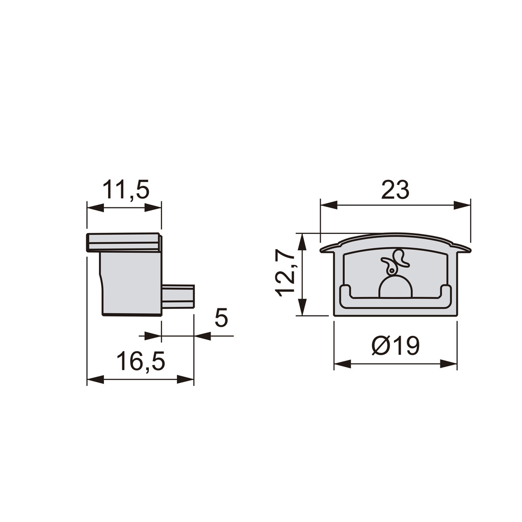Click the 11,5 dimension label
(x=126, y=190)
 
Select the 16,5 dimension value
(x=141, y=361)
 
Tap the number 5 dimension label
(x=221, y=318)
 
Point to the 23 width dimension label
(x=395, y=190)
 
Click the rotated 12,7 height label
(x=286, y=273)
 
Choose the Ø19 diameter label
(x=396, y=347)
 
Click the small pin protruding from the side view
(x=178, y=297)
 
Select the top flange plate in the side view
(x=124, y=242)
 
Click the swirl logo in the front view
(x=395, y=262)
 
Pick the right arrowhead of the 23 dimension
(x=462, y=205)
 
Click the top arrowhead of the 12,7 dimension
(x=302, y=242)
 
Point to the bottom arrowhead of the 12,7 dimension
(x=302, y=307)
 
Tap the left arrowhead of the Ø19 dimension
(x=342, y=364)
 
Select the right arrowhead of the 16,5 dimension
(x=186, y=379)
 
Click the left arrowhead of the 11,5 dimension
(x=95, y=207)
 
